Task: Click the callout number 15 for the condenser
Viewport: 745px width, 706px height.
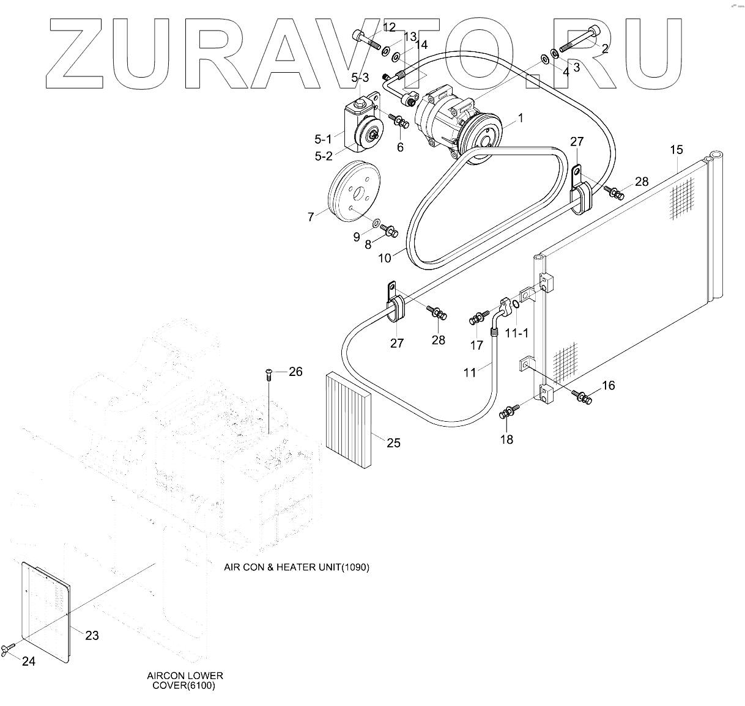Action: pos(676,150)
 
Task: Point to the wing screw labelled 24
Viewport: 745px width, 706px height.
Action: pos(9,649)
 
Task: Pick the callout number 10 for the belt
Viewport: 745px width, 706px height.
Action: pos(384,257)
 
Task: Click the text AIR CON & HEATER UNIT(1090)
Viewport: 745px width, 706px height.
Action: pos(297,567)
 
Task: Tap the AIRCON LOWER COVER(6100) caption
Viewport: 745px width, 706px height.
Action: pos(185,680)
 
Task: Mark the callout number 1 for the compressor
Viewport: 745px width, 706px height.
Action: pos(521,118)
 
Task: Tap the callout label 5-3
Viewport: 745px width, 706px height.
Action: pos(360,78)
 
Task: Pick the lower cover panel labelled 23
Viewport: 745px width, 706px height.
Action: pos(46,611)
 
